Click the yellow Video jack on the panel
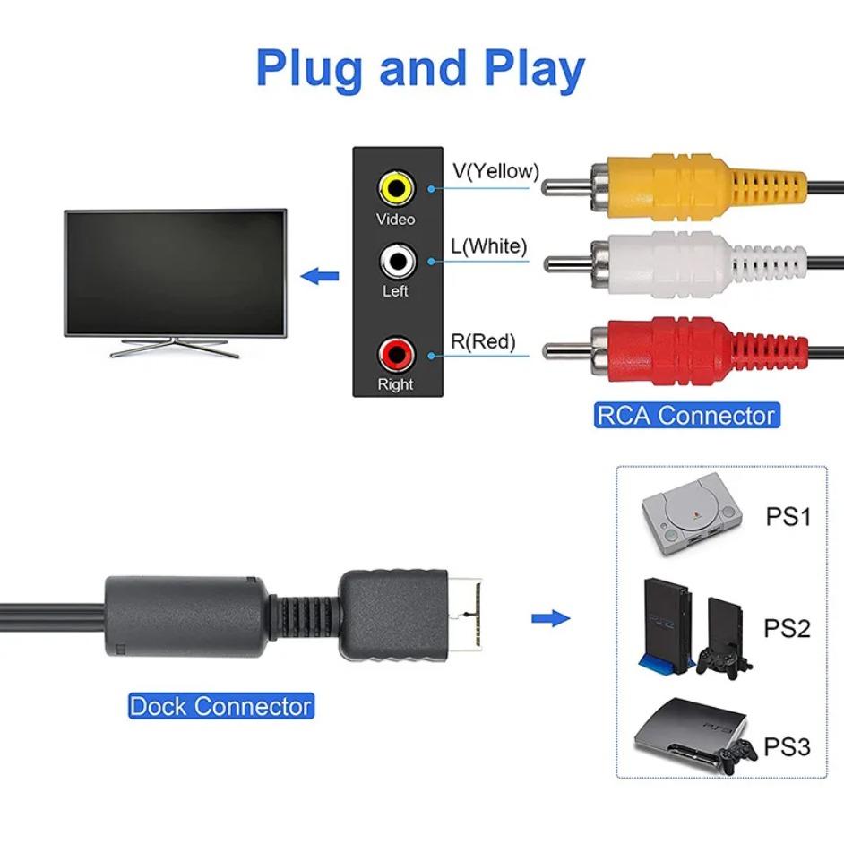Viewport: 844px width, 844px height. pos(395,188)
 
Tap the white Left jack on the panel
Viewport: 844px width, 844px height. pos(395,262)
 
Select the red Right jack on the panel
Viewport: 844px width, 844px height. pos(395,354)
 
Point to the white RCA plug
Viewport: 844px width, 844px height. pos(681,264)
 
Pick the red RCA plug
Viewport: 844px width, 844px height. pos(681,351)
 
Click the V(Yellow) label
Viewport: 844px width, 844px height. pos(495,171)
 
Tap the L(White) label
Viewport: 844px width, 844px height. pos(488,245)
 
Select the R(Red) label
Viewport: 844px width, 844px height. pos(483,341)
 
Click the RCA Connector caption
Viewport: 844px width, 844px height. pos(685,416)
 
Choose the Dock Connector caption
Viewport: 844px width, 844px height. pos(220,706)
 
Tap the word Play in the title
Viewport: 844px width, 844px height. pos(529,68)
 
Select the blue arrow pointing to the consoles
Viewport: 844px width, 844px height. pos(550,618)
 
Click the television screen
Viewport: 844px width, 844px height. pos(176,271)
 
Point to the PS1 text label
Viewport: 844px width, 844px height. pos(788,517)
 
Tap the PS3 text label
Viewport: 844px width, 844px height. pos(788,746)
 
